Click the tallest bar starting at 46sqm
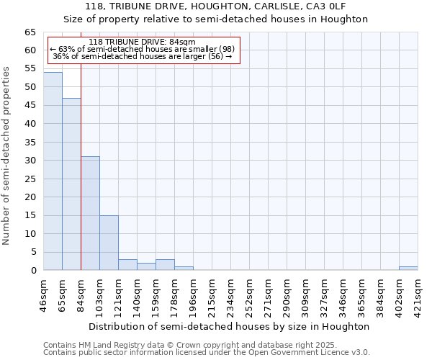click(x=53, y=171)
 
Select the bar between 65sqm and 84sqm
click(x=71, y=184)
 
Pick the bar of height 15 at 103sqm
click(x=109, y=243)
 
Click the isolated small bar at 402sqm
click(x=408, y=269)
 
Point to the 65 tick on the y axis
click(x=30, y=32)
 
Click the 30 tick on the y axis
click(x=30, y=161)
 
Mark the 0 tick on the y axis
click(x=33, y=271)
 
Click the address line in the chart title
click(x=225, y=6)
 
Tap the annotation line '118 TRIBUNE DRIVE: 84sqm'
click(x=142, y=42)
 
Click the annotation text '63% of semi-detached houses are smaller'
click(x=142, y=49)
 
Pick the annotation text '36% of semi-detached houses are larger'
click(x=142, y=56)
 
